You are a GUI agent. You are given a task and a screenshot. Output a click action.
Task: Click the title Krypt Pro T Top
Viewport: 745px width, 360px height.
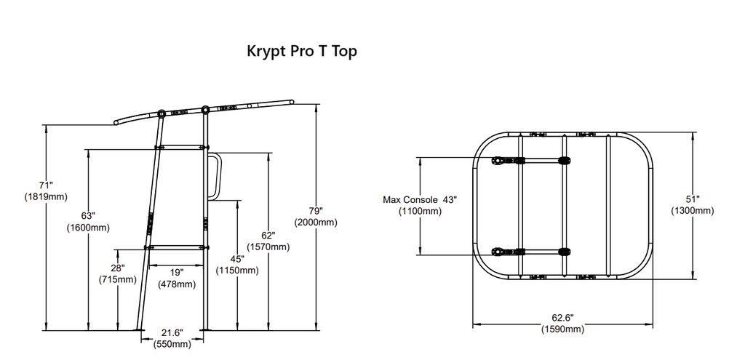tap(302, 52)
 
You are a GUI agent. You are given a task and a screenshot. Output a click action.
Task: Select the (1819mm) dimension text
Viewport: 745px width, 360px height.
tap(46, 196)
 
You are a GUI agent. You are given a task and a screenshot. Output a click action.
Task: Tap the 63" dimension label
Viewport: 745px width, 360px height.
tap(88, 216)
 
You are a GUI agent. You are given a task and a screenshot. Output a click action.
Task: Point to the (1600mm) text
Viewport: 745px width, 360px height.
tap(88, 228)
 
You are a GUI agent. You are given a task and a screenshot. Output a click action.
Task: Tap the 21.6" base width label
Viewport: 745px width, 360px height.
tap(172, 332)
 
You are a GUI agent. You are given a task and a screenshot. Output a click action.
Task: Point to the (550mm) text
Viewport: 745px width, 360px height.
tap(172, 344)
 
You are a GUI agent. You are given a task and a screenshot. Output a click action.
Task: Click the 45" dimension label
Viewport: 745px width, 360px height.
tap(238, 259)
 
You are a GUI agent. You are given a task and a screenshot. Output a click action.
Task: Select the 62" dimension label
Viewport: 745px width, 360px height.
tap(268, 236)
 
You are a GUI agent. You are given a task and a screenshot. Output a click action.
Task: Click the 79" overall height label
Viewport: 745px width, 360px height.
tap(315, 211)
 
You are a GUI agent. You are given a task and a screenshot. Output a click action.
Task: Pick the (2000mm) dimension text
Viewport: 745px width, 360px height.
tap(315, 223)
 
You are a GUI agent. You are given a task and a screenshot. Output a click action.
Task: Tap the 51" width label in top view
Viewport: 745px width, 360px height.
tap(693, 199)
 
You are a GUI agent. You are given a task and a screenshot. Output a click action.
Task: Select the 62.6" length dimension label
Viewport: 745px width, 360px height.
tap(562, 318)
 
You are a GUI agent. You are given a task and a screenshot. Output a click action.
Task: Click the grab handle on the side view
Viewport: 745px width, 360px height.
tap(215, 175)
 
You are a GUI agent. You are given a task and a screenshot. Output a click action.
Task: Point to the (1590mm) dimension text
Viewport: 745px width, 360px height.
tap(562, 329)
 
